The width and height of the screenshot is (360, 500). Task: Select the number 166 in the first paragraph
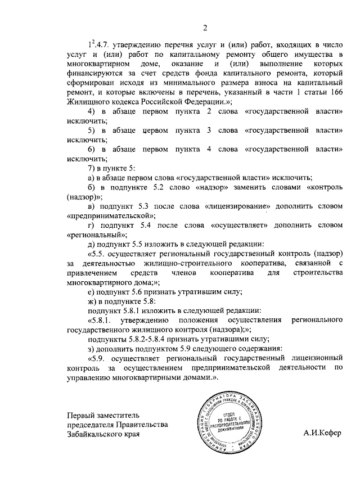[336, 92]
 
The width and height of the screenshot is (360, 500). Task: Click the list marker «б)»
[92, 187]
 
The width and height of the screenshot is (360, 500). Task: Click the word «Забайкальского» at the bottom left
[93, 434]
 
